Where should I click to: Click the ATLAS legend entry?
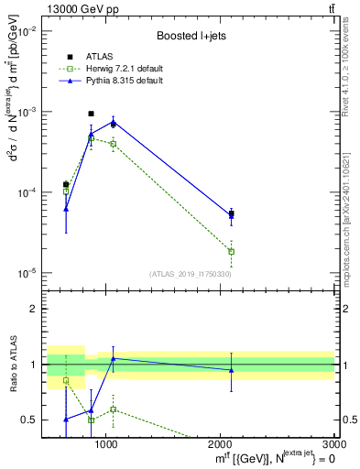pos(99,57)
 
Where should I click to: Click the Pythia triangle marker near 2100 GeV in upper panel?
pos(231,216)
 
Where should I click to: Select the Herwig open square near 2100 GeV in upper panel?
pos(231,251)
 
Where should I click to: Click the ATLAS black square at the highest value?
pos(91,114)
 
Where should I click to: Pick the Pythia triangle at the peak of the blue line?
pos(113,122)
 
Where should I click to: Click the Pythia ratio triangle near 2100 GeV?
pos(231,370)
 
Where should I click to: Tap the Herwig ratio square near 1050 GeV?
pos(113,409)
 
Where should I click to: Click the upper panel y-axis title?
pos(15,128)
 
